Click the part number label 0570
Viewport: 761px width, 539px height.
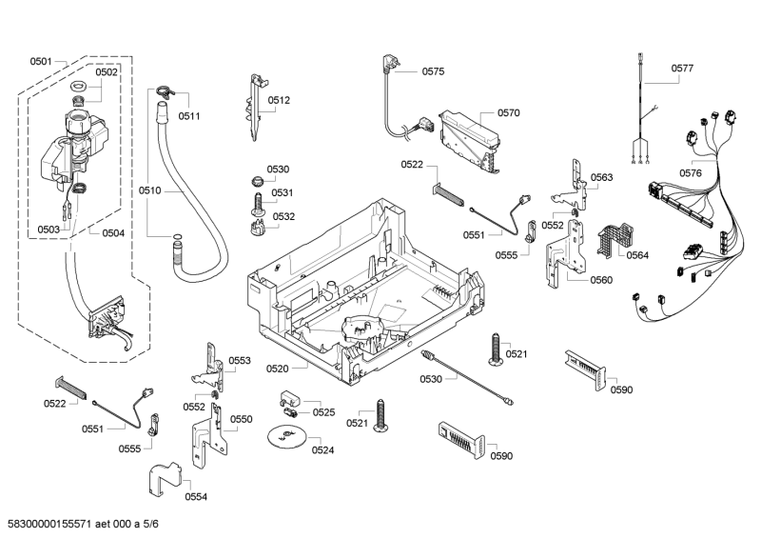click(508, 112)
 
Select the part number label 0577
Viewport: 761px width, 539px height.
click(682, 69)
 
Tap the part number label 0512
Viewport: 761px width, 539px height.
click(279, 100)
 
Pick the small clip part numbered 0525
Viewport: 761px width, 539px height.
click(290, 399)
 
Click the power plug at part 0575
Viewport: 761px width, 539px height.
click(389, 66)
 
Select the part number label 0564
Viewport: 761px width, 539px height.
click(637, 254)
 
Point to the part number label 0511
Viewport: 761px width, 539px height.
click(188, 116)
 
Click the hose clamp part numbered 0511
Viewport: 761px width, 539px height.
click(164, 92)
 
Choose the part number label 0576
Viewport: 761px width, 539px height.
click(691, 173)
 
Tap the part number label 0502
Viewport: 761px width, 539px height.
click(107, 72)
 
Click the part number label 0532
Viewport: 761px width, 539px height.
click(283, 216)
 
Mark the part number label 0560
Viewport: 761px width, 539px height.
click(601, 280)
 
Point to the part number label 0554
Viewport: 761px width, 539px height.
click(196, 497)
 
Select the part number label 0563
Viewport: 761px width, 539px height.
click(601, 177)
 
